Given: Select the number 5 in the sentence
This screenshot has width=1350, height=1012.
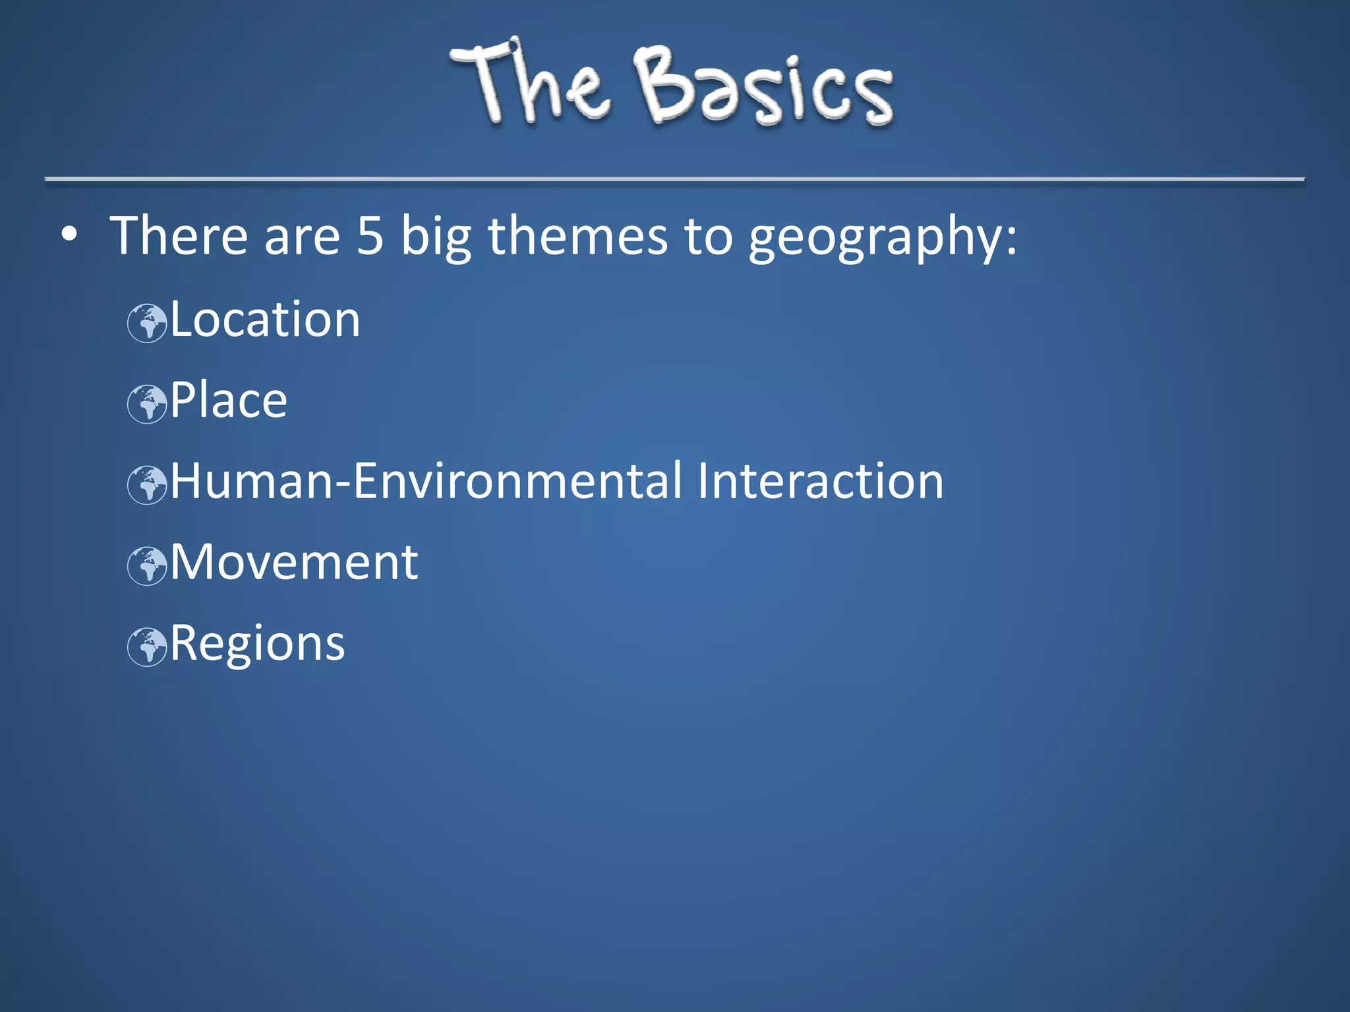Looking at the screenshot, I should pos(370,236).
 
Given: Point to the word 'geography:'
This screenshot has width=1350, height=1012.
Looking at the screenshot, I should pos(883,237).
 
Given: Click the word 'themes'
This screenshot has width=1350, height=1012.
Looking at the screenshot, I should pos(577,236).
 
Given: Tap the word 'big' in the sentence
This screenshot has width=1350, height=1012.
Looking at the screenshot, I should pos(436,237).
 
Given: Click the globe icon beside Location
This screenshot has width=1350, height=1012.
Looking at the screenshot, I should pos(147,323).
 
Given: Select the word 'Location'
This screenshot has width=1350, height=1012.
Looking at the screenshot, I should pos(265,320).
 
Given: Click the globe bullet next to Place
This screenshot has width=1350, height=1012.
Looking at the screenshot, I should pos(147,404).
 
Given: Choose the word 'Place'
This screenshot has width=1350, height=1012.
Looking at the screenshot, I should pos(229,401).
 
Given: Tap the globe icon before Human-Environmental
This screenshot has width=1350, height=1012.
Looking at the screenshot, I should pos(147,485).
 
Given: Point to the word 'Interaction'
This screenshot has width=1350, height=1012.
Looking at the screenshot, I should pos(820,482).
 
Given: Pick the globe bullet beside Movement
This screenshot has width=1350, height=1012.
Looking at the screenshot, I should pos(147,566).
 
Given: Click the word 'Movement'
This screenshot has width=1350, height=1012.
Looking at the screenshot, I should pos(294,563).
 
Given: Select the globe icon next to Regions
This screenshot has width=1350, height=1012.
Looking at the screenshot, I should pos(147,647).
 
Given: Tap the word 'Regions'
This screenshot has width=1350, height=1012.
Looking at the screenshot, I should pos(258,644).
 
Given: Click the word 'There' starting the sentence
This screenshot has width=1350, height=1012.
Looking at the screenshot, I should pos(179,236).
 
